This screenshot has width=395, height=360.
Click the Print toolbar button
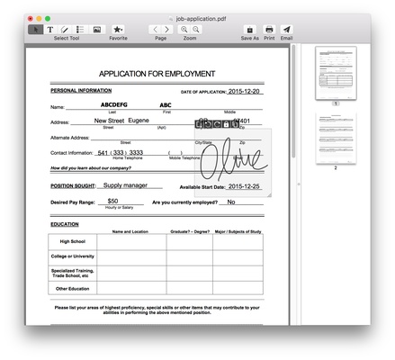(269, 29)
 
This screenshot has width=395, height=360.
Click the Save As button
(249, 29)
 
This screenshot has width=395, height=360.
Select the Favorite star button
(118, 29)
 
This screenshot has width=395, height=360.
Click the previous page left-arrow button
(154, 29)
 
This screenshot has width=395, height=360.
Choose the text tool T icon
(50, 29)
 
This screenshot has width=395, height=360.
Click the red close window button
(30, 18)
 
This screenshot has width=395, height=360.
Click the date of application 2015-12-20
(244, 91)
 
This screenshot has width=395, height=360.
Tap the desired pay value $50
(112, 201)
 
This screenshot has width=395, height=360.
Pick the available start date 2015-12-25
(244, 184)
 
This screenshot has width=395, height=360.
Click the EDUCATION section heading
(65, 223)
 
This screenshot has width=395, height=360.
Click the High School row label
(71, 242)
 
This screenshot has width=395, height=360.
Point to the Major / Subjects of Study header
(238, 232)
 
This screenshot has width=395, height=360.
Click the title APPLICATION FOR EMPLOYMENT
(157, 74)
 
